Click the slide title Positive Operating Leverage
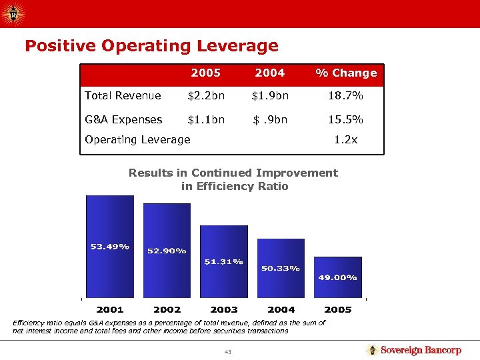(x=151, y=46)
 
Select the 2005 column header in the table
(x=205, y=73)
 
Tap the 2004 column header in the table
(x=269, y=73)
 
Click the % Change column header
(x=345, y=73)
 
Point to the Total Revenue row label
(x=123, y=95)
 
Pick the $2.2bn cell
(x=205, y=95)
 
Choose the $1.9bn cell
(x=269, y=95)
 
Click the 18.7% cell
(x=345, y=95)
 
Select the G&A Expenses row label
(x=123, y=119)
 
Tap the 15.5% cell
(x=345, y=119)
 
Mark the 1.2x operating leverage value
(x=345, y=139)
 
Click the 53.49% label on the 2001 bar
(x=110, y=247)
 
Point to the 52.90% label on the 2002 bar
(x=167, y=251)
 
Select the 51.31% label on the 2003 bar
(x=223, y=261)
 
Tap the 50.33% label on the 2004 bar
(x=281, y=268)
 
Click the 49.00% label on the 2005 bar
(x=337, y=277)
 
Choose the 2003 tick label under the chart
(x=224, y=309)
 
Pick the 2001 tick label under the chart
(x=110, y=309)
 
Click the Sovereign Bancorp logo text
(x=421, y=350)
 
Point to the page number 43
(x=227, y=351)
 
